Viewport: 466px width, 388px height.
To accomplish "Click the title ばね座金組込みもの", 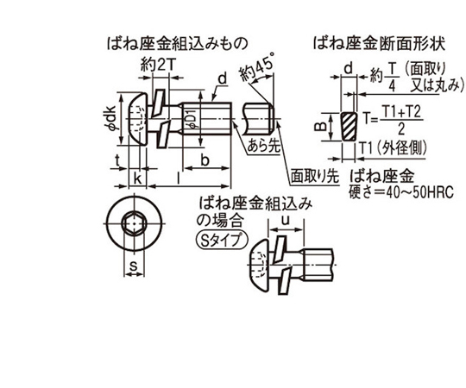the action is pos(177,44).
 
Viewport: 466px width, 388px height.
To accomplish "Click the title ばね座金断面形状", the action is pos(380,44).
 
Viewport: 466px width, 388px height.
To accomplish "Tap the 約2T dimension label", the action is pos(159,65).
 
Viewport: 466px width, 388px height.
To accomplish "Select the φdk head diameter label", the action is pos(111,118).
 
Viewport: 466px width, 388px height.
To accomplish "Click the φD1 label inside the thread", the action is pos(192,119).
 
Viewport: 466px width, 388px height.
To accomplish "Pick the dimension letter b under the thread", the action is pos(205,160).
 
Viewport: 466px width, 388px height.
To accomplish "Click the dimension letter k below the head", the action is pos(137,178).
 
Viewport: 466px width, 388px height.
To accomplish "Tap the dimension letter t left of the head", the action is pos(117,160).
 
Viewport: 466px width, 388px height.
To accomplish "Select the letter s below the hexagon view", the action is pos(134,266).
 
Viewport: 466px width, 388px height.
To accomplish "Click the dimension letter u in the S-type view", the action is pos(286,221).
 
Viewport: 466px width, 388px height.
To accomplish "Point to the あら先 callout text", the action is pos(264,146).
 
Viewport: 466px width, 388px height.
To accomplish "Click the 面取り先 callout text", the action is pos(314,177).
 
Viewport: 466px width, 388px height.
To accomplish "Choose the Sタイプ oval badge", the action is pos(222,240).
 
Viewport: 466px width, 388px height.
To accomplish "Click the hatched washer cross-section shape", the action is pos(349,127).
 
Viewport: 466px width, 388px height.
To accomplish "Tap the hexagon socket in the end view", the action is pos(134,223).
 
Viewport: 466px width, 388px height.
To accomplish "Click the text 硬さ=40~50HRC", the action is pos(401,192).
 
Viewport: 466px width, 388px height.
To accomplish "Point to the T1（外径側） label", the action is pos(394,147).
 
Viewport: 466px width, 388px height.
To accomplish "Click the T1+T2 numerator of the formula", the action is pos(401,112).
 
